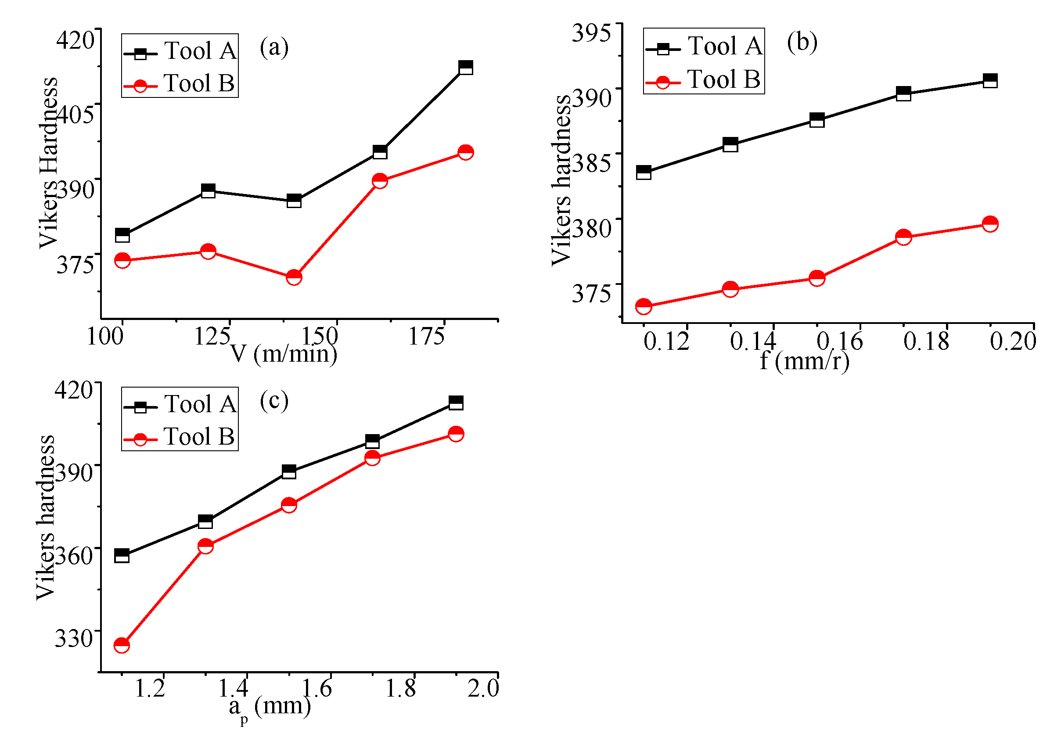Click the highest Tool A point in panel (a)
(x=465, y=68)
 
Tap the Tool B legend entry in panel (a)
(x=180, y=84)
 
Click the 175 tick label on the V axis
(x=426, y=336)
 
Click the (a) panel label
(x=274, y=47)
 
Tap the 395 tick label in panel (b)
(x=591, y=33)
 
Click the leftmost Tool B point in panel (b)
(x=644, y=306)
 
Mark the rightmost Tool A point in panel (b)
(x=990, y=81)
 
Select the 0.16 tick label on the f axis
(x=839, y=341)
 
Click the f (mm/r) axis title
(x=805, y=361)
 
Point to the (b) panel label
(x=802, y=43)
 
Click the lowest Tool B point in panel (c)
(x=122, y=645)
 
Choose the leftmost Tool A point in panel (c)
(x=122, y=555)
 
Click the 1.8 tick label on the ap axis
(x=401, y=689)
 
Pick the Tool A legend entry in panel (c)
(x=180, y=405)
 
